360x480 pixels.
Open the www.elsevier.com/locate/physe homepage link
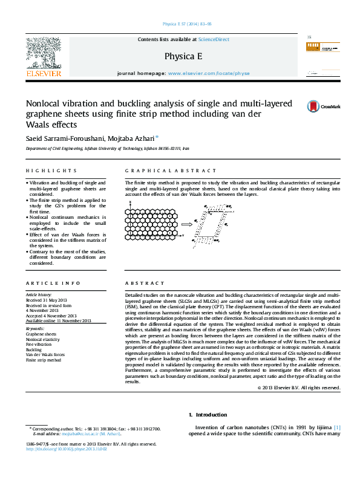[x=208, y=73]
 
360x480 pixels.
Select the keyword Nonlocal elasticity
[x=43, y=340]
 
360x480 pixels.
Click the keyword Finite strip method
[x=44, y=360]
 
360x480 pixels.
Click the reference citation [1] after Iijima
[x=337, y=427]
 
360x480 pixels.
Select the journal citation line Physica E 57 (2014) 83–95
[x=188, y=24]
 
